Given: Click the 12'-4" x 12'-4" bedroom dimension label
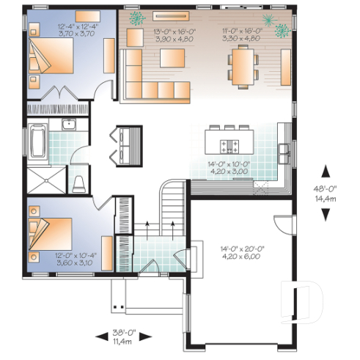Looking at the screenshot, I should click(73, 30).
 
